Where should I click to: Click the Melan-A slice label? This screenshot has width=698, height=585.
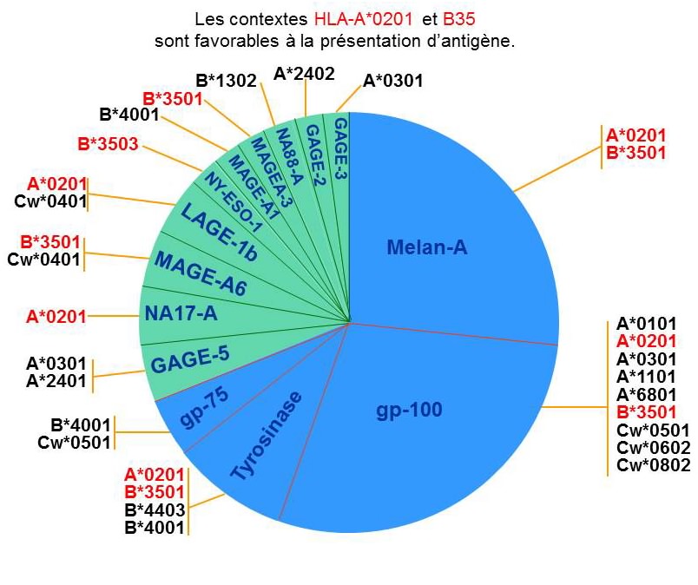427,249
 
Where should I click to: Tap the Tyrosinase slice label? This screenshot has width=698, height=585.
267,436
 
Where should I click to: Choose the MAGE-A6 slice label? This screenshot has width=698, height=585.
200,269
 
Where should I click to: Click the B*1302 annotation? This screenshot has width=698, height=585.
226,81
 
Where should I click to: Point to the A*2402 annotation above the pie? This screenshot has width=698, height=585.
304,74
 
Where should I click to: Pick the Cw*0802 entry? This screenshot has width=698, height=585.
652,466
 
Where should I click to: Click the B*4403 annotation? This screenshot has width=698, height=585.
155,509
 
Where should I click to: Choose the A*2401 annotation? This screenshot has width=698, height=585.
56,380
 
